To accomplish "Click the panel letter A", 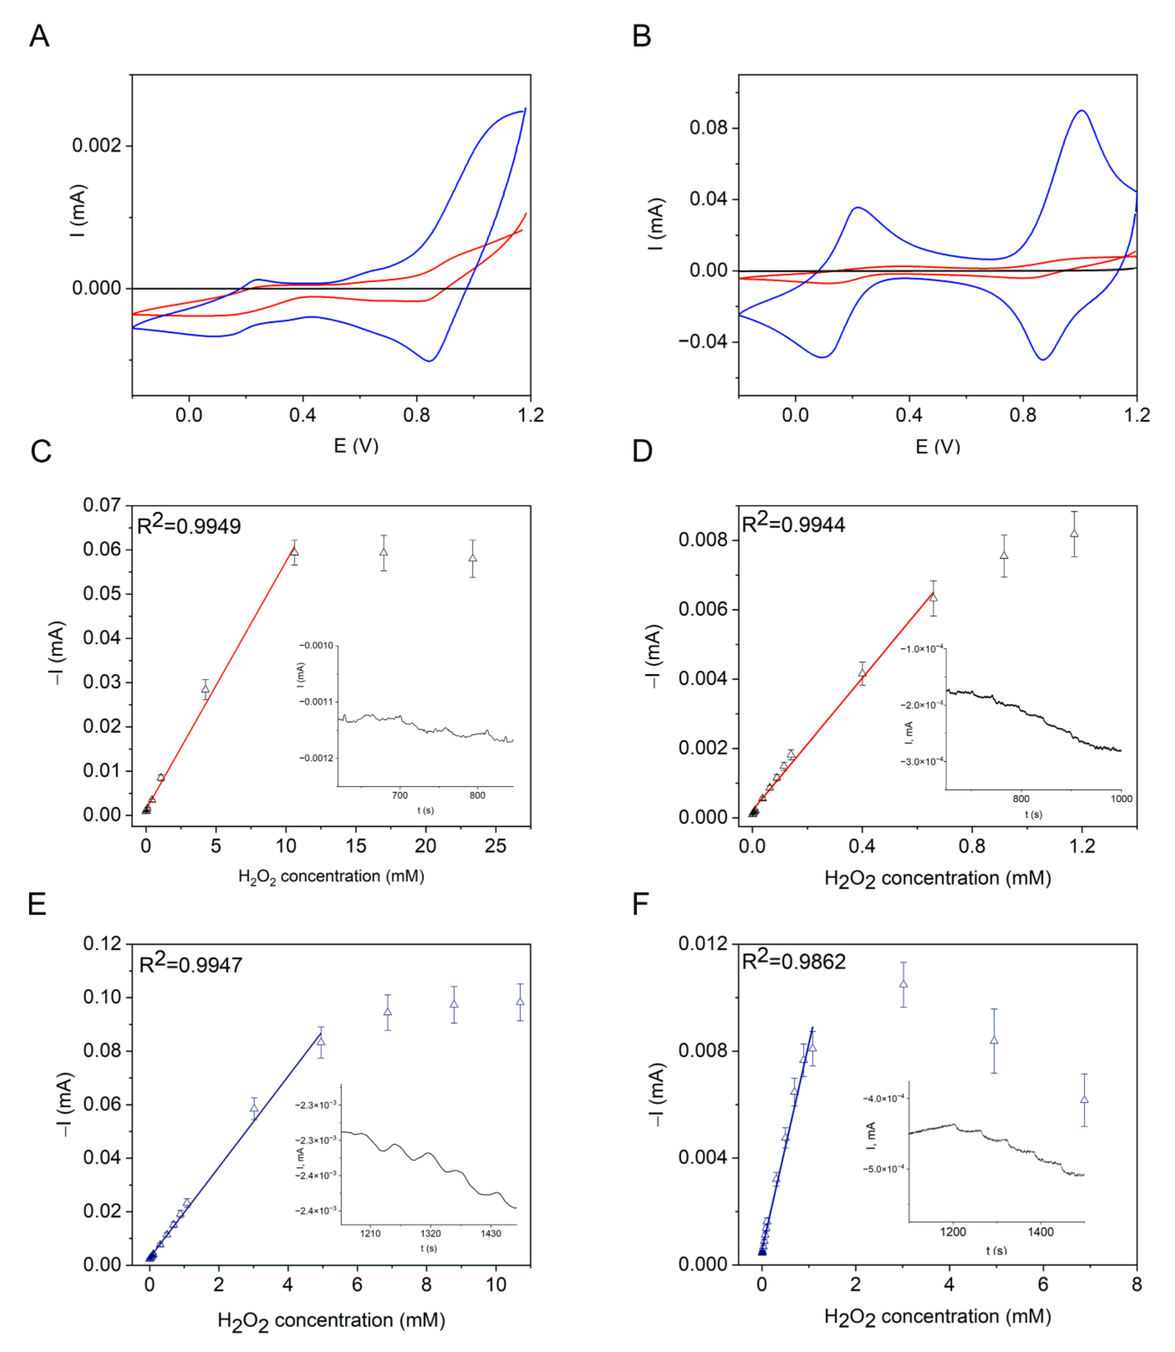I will tap(39, 36).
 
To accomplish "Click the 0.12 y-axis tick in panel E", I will tap(102, 944).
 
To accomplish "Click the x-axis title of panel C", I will tap(331, 877).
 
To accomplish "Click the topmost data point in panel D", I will tap(1074, 533).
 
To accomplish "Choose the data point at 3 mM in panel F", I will tap(903, 983).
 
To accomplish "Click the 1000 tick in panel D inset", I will tap(1121, 799).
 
